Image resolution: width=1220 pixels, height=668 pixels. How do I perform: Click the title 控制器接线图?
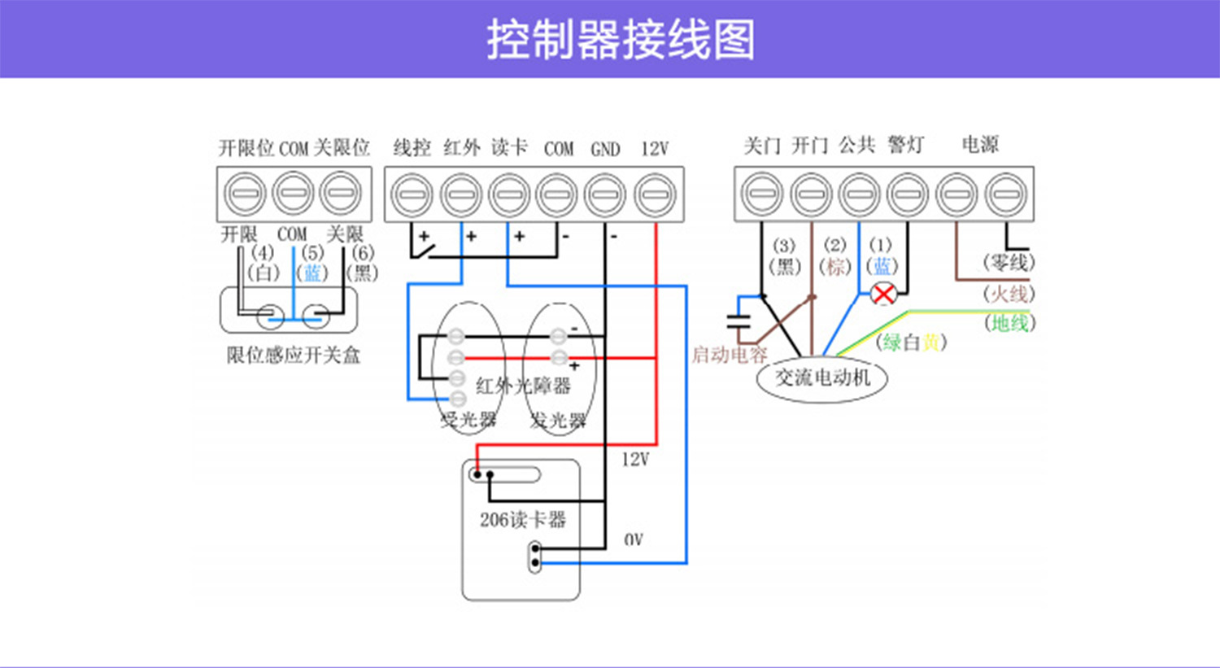coord(621,39)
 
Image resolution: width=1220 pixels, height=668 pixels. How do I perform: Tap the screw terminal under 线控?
coord(412,195)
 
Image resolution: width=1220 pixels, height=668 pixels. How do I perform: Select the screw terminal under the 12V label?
coord(654,195)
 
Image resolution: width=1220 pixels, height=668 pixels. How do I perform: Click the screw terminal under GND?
coord(606,195)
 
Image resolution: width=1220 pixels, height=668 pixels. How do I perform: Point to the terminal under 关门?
coord(762,194)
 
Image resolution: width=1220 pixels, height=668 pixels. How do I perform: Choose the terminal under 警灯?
coord(907,194)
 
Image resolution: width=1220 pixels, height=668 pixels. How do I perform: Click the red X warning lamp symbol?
coord(883,294)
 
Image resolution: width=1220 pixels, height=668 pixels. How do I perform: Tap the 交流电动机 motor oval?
coord(822,378)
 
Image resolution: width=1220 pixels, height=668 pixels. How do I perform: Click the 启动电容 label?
coord(730,355)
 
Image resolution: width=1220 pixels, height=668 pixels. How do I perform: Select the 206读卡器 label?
coord(522,519)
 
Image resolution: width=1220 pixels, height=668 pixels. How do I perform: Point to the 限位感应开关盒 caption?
coord(293,355)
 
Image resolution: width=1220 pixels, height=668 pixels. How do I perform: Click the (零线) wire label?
coord(1009,262)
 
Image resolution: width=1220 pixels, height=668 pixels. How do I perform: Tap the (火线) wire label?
coord(1009,293)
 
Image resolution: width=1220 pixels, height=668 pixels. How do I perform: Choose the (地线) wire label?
coord(1009,323)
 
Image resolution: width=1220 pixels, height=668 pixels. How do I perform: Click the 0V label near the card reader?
coord(634,539)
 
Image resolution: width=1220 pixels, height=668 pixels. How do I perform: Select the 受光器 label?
coord(468,420)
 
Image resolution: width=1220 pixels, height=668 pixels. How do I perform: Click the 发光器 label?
coord(558,420)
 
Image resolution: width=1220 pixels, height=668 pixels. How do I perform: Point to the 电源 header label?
coord(980,145)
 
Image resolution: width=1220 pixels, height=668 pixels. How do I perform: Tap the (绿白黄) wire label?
coord(911,342)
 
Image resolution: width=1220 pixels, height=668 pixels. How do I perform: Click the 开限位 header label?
coord(246,148)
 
